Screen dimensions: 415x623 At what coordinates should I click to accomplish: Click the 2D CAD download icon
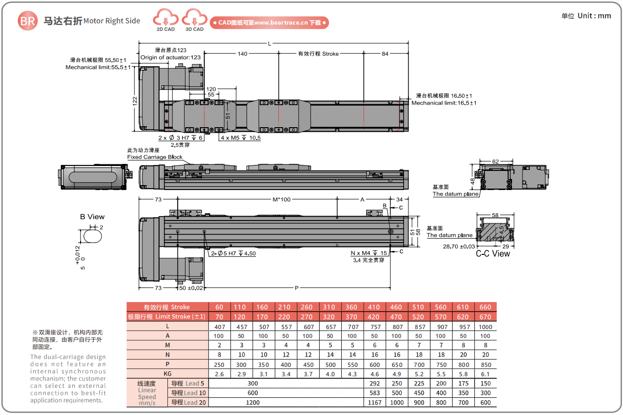tap(165, 19)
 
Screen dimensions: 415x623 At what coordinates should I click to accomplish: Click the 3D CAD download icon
tap(194, 19)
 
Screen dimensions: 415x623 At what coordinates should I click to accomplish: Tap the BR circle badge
tap(27, 21)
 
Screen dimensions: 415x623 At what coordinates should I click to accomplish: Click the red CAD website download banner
tap(269, 23)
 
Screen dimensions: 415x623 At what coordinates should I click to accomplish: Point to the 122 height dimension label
tap(135, 100)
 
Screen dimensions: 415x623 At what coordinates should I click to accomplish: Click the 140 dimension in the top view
tap(242, 54)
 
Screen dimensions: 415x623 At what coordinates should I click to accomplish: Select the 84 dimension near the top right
tap(385, 54)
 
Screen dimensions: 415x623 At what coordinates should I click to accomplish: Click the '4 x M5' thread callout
tap(241, 138)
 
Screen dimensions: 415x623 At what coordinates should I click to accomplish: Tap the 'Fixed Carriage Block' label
tap(155, 157)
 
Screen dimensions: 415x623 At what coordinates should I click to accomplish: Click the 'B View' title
tap(92, 217)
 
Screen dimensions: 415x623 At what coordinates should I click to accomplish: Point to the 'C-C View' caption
tap(493, 253)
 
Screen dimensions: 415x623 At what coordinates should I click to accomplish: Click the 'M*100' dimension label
tap(282, 199)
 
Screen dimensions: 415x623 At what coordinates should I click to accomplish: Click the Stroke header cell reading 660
tap(485, 307)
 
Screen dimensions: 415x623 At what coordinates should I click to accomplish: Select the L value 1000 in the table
tap(485, 327)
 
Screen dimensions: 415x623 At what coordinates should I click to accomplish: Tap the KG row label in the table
tap(167, 374)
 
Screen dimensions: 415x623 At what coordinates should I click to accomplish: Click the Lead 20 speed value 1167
tap(374, 402)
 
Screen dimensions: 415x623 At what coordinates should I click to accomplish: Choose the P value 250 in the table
tap(219, 364)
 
